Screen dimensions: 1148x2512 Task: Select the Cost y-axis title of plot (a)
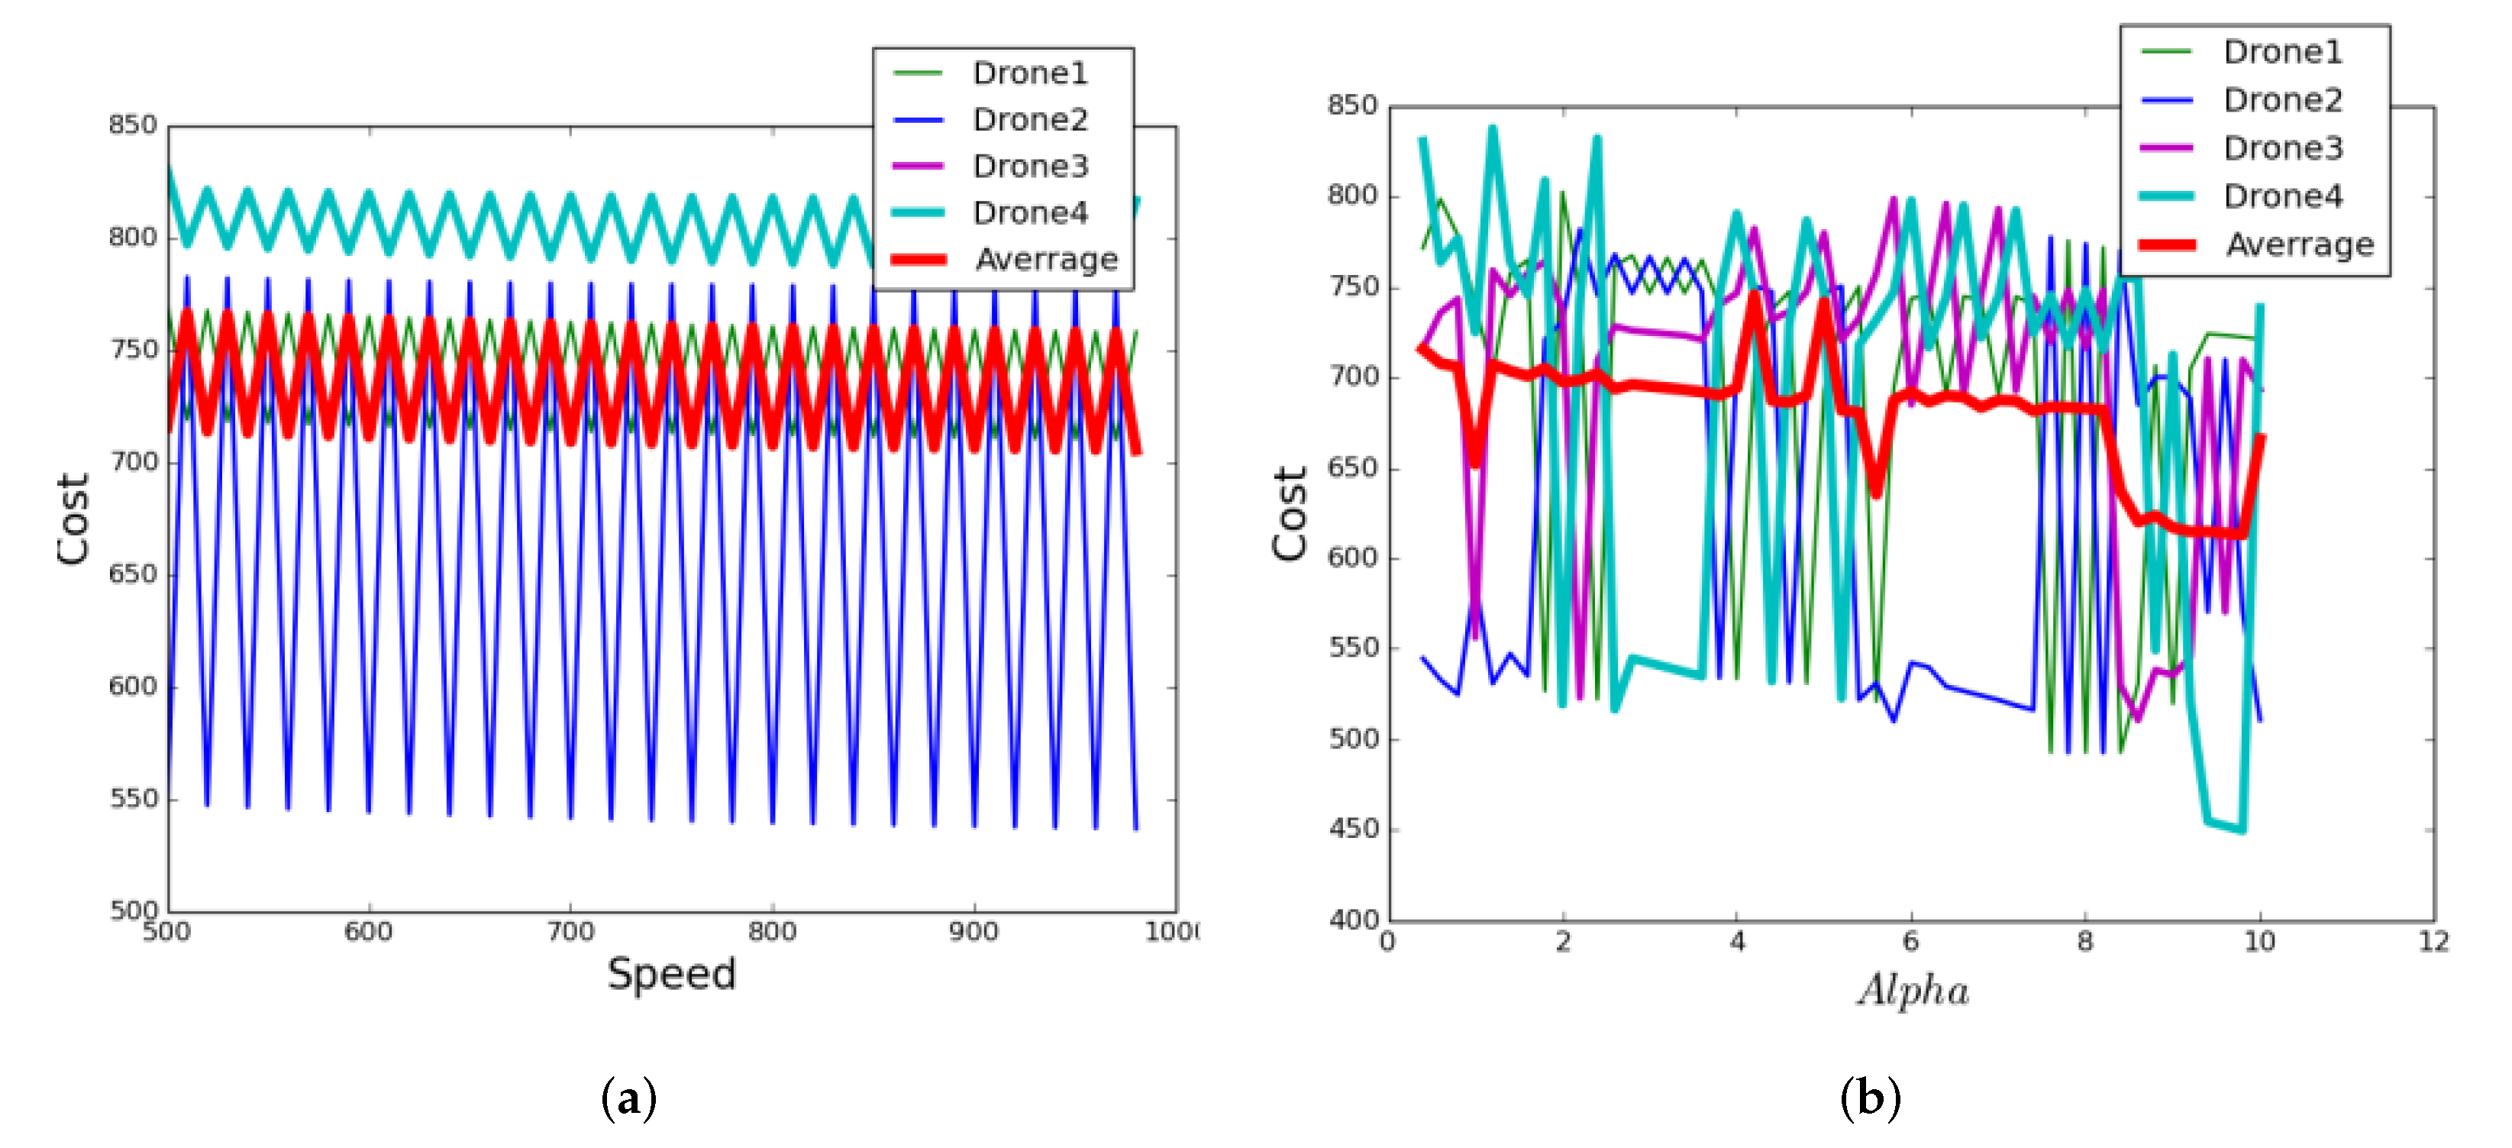pos(73,519)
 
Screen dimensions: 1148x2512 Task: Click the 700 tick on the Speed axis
pos(570,933)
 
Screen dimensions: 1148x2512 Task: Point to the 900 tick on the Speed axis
pos(973,933)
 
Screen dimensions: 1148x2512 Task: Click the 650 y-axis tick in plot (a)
pos(133,574)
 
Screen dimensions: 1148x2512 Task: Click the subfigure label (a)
pos(629,1099)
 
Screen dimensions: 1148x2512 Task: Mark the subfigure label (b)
pos(1869,1099)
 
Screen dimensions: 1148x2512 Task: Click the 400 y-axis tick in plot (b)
pos(1354,920)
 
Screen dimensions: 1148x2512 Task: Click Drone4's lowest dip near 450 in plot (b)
pos(2242,830)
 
